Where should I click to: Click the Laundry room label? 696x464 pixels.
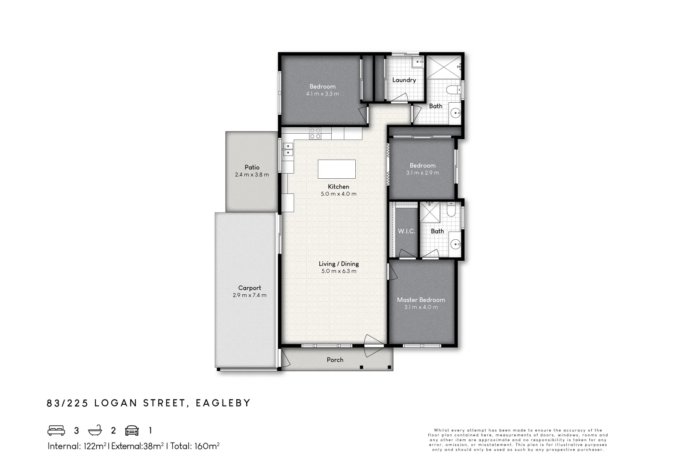click(x=404, y=80)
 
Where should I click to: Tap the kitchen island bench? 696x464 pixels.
click(x=336, y=169)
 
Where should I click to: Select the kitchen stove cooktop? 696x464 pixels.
click(x=315, y=133)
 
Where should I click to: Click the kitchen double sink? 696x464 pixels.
click(x=287, y=149)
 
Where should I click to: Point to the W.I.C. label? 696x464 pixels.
click(x=406, y=231)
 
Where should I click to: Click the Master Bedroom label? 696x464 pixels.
click(x=421, y=300)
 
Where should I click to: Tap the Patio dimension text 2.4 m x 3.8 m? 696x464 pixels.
click(x=252, y=175)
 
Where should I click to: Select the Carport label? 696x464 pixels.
click(x=250, y=288)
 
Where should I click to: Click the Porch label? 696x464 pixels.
click(x=335, y=360)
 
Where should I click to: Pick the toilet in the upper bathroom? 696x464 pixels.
click(x=452, y=90)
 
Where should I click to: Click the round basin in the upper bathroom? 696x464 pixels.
click(x=455, y=113)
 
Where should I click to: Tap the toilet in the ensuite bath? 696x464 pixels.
click(x=451, y=210)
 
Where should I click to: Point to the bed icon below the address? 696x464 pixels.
click(x=56, y=430)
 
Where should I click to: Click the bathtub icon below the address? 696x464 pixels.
click(x=95, y=430)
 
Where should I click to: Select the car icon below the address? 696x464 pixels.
click(x=132, y=430)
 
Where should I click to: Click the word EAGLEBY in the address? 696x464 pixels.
click(x=223, y=403)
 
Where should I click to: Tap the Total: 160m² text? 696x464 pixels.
click(x=195, y=446)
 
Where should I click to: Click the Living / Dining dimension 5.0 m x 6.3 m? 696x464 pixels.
click(x=339, y=271)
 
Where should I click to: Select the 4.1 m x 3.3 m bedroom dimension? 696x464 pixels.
click(x=322, y=94)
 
